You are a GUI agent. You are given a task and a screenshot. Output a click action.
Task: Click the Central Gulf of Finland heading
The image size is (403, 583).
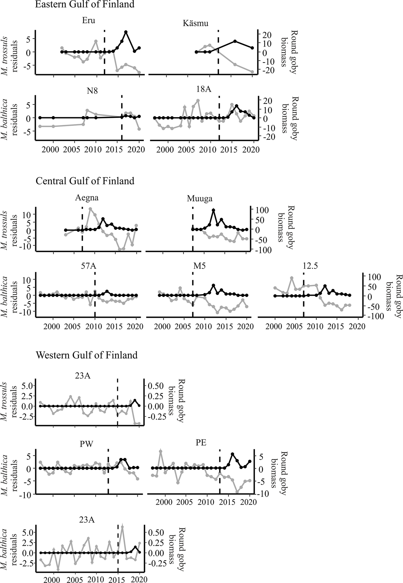[x=85, y=181]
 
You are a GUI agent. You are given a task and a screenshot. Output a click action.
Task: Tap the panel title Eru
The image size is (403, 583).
[x=88, y=21]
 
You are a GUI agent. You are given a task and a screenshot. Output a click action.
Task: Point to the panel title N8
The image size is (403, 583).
[x=92, y=91]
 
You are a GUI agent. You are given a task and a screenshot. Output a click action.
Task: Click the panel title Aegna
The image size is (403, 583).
[x=87, y=198]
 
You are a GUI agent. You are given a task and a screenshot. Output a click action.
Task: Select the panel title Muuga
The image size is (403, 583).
[x=200, y=199]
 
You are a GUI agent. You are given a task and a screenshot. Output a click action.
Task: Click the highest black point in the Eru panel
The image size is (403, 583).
[x=126, y=32]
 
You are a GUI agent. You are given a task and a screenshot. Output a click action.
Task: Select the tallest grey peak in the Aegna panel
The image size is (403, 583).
[x=90, y=209]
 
